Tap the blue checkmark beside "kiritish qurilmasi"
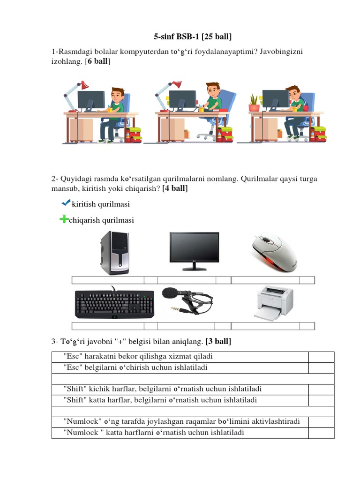66,202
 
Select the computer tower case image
114,254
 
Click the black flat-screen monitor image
194,251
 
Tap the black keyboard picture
114,304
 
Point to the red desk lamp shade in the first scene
84,85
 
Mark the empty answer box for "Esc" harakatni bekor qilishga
321,357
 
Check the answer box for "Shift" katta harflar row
321,400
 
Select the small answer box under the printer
307,326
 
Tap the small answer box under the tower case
150,280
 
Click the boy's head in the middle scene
212,89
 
